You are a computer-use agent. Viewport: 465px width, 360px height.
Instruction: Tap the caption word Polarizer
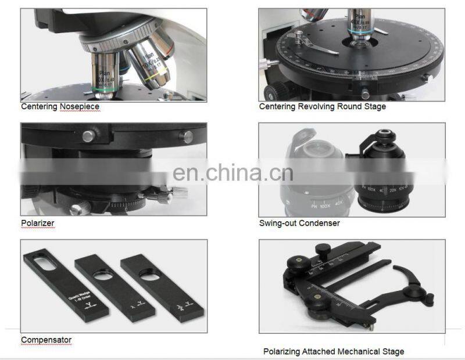pyautogui.click(x=37, y=223)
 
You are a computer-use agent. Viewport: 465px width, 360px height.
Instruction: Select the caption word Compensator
pyautogui.click(x=46, y=340)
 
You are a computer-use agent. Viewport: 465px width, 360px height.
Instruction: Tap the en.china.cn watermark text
pyautogui.click(x=233, y=172)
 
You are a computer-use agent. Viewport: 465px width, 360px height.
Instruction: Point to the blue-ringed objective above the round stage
pyautogui.click(x=361, y=29)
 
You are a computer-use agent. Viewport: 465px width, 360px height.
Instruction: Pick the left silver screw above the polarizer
pyautogui.click(x=88, y=136)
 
